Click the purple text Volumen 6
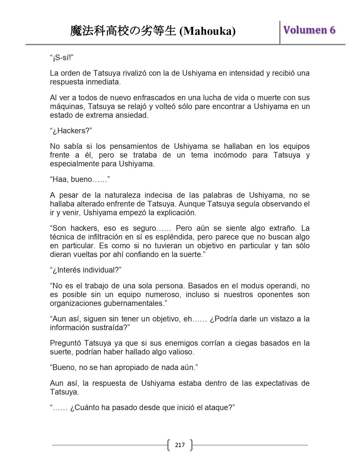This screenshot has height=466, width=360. click(x=309, y=30)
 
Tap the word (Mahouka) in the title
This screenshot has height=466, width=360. click(x=208, y=31)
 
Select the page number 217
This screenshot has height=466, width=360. click(x=180, y=445)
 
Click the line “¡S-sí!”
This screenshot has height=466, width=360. click(x=62, y=58)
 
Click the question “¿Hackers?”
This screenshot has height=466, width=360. click(x=71, y=131)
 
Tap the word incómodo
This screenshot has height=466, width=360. click(x=228, y=155)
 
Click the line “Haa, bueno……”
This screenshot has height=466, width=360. click(x=80, y=179)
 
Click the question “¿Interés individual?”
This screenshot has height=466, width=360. click(x=86, y=270)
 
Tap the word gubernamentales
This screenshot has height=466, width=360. click(x=134, y=303)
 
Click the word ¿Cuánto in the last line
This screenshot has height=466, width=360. click(x=84, y=408)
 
